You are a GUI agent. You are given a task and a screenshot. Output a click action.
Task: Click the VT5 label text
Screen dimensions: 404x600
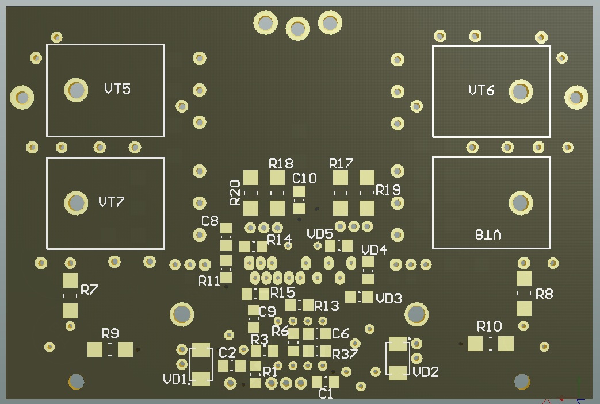pos(117,89)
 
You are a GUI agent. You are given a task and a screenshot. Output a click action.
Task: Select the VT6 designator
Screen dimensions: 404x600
pos(481,90)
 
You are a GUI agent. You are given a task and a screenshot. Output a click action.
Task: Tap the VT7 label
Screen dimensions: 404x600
pos(112,202)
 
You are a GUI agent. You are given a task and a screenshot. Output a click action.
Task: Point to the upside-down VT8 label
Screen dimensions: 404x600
pos(488,234)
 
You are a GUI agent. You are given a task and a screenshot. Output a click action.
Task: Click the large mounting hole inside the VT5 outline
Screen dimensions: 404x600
pos(76,90)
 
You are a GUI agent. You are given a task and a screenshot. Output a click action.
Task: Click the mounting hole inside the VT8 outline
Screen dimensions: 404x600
pos(520,202)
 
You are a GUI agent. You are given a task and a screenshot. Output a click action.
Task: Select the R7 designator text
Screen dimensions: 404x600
pos(89,290)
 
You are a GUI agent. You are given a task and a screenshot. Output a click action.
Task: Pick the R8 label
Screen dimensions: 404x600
pos(544,294)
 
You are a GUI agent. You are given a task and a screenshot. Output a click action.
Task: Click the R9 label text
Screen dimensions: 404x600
pos(110,333)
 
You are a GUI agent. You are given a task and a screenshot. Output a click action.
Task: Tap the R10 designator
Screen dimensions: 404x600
pos(490,326)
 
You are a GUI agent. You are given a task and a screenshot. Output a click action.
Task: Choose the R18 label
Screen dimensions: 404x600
pos(281,163)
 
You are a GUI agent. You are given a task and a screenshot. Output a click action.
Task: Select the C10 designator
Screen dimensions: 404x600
pos(304,178)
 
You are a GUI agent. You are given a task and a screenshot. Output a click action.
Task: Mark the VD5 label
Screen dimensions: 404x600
pos(320,234)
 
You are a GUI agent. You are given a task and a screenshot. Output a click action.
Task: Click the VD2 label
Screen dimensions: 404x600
pos(426,372)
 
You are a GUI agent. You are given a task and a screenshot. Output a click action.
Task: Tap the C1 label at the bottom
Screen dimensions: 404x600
pos(326,394)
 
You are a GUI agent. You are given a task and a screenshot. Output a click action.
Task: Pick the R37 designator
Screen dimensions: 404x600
pos(345,352)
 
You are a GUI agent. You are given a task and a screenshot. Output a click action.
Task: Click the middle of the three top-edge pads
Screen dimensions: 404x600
pos(297,28)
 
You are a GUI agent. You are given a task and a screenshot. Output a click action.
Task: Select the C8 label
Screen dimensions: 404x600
pos(210,221)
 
